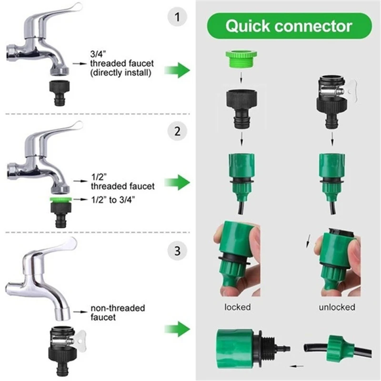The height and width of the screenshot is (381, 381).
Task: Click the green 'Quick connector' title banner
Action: point(289,26)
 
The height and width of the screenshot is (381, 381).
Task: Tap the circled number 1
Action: point(178,19)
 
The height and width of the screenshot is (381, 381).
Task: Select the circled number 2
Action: point(178,132)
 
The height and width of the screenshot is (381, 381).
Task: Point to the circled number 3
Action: point(178,250)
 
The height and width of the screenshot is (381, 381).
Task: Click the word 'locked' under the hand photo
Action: point(237,307)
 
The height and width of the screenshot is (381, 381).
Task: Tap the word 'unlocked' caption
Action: point(337,307)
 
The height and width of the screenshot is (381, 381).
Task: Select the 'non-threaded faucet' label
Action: point(118,312)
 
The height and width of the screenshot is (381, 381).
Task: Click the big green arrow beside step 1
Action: point(177,71)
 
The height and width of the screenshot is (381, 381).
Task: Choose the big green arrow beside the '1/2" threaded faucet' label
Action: point(177,182)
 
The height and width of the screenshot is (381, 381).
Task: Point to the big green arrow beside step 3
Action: point(177,329)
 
